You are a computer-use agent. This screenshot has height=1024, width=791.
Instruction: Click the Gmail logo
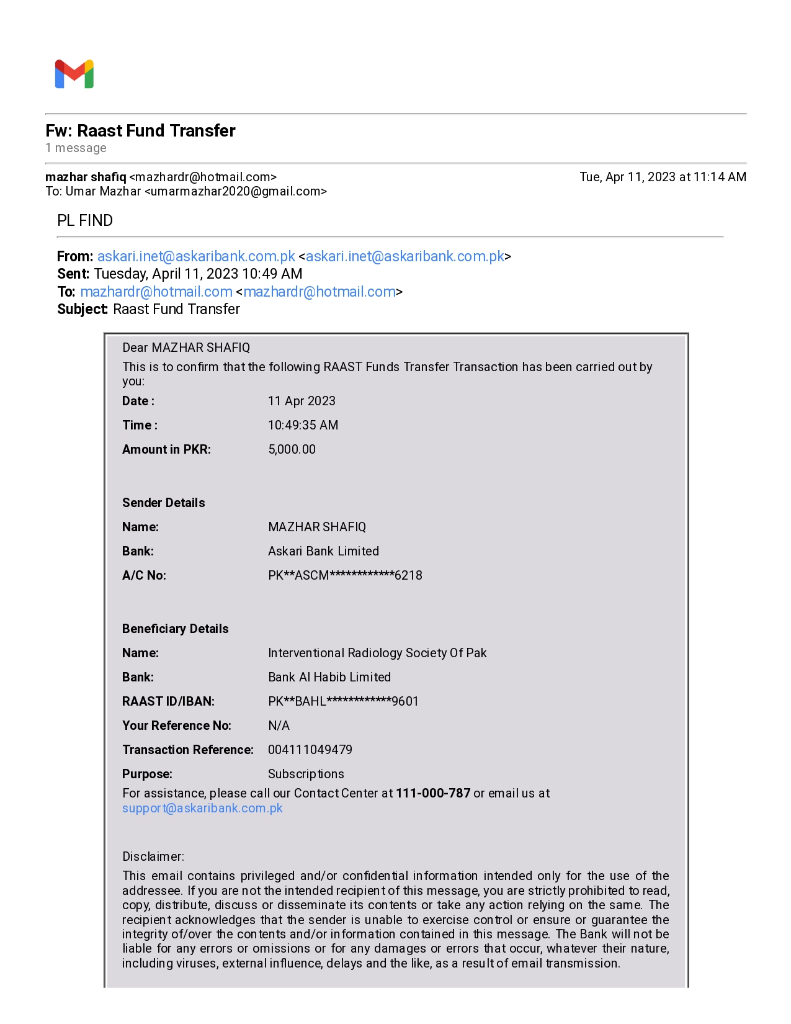tap(74, 74)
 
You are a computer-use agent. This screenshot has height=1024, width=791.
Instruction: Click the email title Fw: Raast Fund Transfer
tap(140, 131)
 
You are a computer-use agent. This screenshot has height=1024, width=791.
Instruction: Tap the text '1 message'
tap(76, 148)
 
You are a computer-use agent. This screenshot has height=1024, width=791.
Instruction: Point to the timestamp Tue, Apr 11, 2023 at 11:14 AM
tap(663, 177)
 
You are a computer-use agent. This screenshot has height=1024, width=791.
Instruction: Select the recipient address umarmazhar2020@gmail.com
tap(236, 191)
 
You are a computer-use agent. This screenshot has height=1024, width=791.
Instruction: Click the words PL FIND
tap(85, 221)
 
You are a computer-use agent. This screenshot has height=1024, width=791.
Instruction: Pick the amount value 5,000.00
tap(292, 449)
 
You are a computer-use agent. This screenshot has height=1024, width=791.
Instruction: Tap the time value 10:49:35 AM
tap(303, 425)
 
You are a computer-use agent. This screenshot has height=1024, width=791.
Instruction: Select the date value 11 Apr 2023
tap(302, 401)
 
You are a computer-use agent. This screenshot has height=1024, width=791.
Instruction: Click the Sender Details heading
tap(163, 503)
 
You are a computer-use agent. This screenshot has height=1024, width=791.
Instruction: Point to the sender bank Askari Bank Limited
tap(323, 551)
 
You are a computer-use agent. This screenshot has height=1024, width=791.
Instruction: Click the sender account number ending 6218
tap(345, 575)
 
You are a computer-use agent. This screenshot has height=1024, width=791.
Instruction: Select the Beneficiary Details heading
tap(175, 629)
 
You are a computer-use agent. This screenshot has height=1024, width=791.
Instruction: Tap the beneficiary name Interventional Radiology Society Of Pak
tap(377, 653)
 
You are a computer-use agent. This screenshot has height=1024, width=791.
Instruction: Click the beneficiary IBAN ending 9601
tap(343, 701)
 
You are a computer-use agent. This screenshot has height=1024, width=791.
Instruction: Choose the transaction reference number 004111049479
tap(310, 750)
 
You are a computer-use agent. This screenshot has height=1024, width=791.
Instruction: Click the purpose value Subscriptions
tap(306, 774)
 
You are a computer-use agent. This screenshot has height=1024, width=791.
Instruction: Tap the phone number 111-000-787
tap(433, 793)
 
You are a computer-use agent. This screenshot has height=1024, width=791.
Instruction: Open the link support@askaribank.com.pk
tap(202, 808)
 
